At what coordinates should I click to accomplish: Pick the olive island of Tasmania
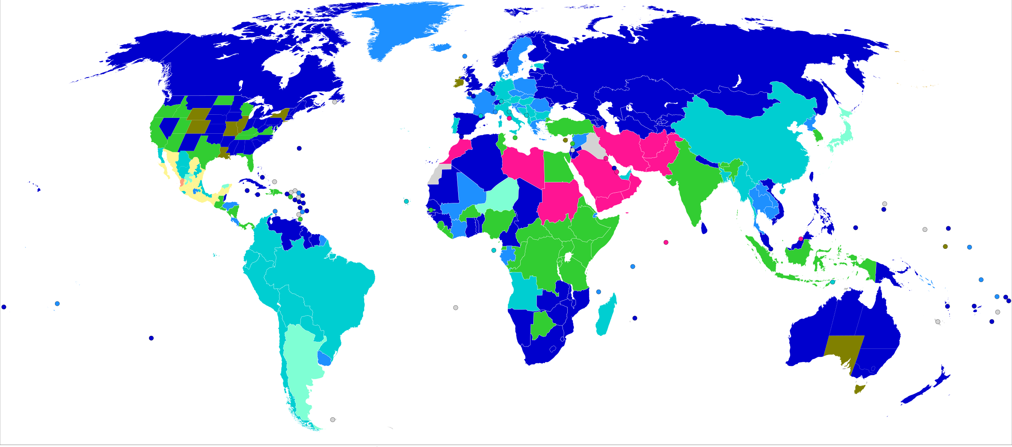(859, 388)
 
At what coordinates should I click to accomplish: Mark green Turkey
(569, 127)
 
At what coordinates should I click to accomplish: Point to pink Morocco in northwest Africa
(459, 150)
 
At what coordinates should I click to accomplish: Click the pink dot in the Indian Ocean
(666, 242)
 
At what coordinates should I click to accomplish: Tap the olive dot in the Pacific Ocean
(945, 246)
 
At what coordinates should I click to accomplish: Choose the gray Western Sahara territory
(437, 176)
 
